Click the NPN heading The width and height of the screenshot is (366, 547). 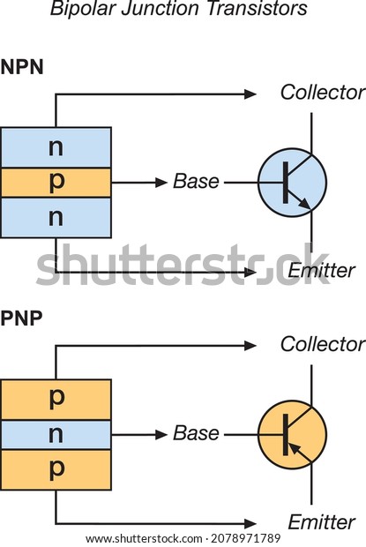point(22,67)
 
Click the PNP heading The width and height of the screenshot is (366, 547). point(22,318)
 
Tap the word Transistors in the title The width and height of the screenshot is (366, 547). point(258,8)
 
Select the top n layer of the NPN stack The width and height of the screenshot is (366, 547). point(56,147)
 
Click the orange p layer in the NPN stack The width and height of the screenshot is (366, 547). point(56,183)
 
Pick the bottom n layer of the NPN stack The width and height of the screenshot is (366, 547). point(56,218)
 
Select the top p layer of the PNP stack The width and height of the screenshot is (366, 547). point(56,400)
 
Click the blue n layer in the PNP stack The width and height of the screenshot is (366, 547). point(56,435)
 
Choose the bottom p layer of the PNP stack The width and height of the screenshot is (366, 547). point(56,469)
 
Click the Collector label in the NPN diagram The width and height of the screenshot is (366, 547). point(323,93)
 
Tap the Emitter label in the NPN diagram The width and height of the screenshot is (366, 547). point(321,270)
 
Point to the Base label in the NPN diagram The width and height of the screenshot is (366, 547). point(197,182)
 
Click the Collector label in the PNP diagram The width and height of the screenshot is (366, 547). point(323,344)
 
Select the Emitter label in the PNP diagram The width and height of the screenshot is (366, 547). point(321,522)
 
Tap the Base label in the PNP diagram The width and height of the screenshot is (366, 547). point(197,433)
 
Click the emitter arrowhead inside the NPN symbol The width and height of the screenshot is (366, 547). point(304,204)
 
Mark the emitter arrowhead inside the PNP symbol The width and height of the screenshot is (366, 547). point(295,448)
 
